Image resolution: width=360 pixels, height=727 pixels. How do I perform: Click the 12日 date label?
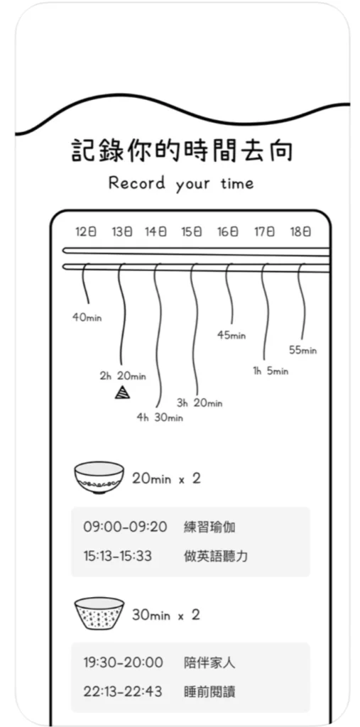point(86,232)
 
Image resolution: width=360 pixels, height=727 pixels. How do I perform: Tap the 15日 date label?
point(192,232)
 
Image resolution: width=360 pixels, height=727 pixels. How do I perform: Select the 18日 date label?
point(300,232)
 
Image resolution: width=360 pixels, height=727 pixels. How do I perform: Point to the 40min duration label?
point(87,318)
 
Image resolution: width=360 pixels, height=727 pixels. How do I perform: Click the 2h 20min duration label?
point(122,376)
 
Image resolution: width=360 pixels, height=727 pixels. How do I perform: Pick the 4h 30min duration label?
point(160,417)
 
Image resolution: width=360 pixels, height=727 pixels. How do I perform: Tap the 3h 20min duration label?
point(200,403)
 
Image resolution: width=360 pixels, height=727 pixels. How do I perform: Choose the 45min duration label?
point(231,335)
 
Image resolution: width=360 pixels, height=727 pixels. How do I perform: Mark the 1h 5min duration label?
point(271,371)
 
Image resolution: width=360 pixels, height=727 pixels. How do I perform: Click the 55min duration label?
point(303,350)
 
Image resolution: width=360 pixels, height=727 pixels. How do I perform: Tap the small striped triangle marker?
point(122,392)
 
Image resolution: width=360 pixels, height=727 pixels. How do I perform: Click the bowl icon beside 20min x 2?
point(99,478)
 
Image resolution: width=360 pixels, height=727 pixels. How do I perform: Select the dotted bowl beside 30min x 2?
point(99,613)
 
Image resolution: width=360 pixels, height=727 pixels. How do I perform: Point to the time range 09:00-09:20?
point(125,528)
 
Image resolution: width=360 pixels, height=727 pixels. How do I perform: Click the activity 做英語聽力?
point(216,556)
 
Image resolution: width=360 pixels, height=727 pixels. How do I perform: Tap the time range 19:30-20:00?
point(124,662)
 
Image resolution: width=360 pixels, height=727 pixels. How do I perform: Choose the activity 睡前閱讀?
point(209,692)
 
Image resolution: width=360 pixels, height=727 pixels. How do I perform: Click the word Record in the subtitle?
point(137,182)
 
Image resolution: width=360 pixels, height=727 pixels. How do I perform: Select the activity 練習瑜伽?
point(209,528)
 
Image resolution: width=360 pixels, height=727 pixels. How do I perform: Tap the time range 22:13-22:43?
point(123,692)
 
